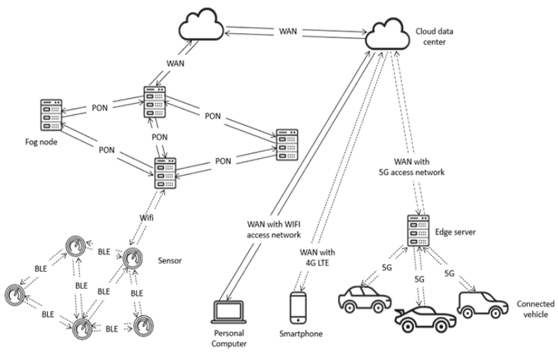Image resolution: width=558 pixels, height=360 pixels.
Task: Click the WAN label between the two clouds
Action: pyautogui.click(x=288, y=32)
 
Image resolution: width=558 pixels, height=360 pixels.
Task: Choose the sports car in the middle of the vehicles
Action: pyautogui.click(x=423, y=318)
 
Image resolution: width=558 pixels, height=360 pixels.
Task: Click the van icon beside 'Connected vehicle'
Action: pyautogui.click(x=482, y=304)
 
